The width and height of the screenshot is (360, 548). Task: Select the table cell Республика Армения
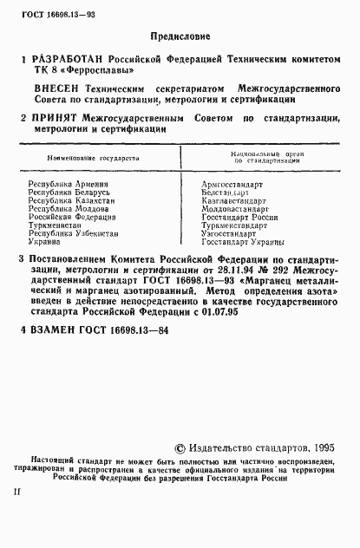(69, 186)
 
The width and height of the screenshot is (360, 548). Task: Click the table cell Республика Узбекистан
(73, 233)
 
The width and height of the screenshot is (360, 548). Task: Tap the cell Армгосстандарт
(229, 186)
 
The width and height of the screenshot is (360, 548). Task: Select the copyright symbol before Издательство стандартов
(180, 447)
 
